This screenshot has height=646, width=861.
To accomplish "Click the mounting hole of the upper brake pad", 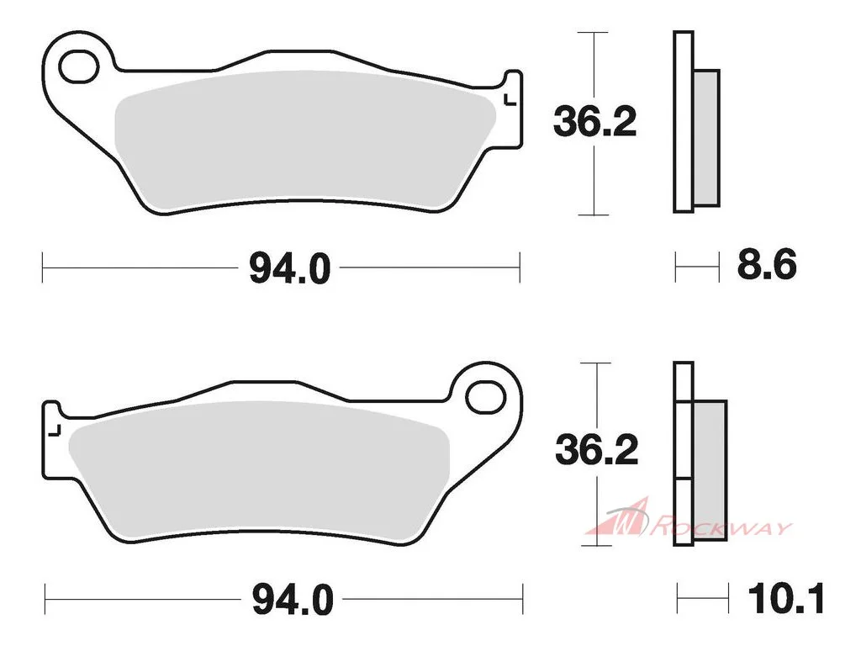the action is coord(78,67).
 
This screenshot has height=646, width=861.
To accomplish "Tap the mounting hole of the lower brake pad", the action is coord(485,397).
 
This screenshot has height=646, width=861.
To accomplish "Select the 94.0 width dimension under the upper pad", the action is coord(290,268).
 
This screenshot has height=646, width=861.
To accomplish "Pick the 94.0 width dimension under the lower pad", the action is coord(293,600).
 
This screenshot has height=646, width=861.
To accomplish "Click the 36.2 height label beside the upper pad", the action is coord(594,122).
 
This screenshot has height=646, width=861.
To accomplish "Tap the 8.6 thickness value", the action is coord(767,265).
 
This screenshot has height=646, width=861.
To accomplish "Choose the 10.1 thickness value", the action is coord(786,598).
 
